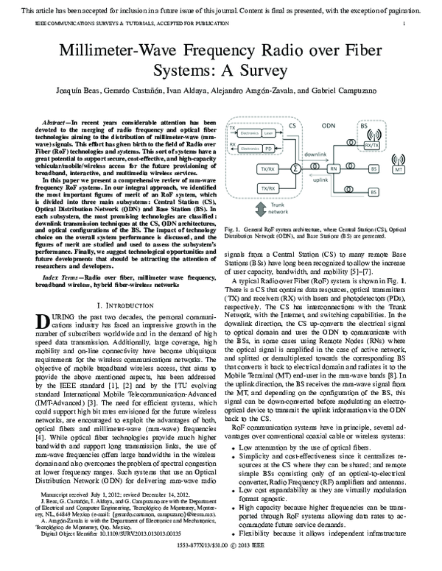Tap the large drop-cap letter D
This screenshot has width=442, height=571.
43,322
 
